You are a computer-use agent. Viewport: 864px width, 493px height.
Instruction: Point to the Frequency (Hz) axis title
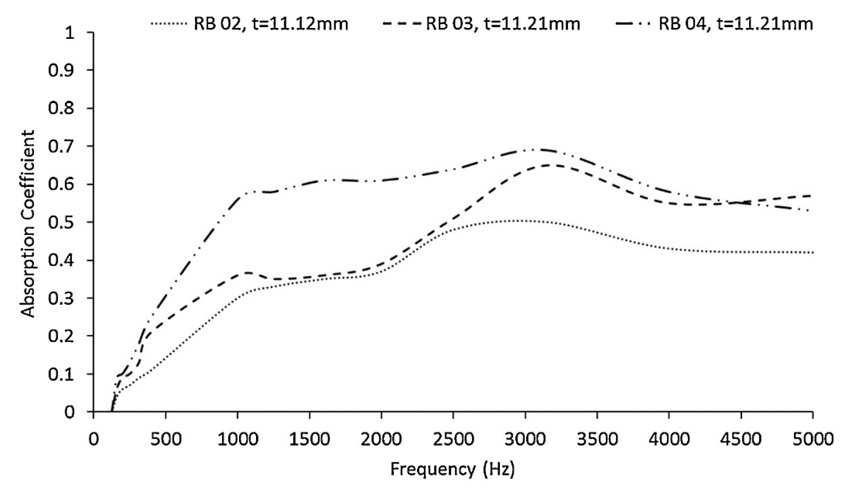453,469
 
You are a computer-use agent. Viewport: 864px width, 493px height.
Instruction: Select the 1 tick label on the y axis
69,33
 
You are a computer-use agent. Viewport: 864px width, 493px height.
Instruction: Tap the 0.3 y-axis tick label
61,299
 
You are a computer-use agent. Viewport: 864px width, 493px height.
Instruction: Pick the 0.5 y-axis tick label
61,222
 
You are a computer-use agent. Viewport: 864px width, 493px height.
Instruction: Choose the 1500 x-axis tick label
309,439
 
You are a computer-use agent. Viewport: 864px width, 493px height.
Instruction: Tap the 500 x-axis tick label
166,439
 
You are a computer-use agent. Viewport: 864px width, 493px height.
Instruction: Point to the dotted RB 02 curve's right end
812,253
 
